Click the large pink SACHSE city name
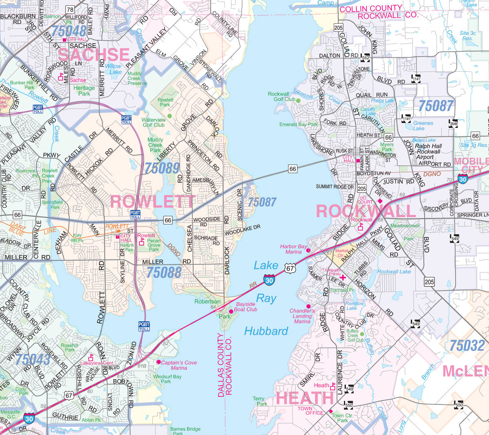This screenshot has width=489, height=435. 94,55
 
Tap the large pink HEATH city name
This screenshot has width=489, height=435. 305,398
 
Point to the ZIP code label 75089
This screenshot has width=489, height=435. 162,168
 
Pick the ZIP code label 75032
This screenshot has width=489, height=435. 467,345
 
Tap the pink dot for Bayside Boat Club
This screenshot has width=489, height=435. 231,311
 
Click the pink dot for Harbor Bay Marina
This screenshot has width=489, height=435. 308,250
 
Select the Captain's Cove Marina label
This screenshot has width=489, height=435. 179,365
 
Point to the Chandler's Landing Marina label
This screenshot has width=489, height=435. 302,316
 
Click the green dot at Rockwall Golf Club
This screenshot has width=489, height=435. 298,100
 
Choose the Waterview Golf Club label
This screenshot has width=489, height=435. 154,122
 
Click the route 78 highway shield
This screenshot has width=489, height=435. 70,10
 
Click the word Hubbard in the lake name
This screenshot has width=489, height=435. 266,331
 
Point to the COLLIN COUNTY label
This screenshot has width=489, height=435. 371,9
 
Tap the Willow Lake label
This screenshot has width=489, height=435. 113,69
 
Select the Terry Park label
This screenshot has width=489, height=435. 260,401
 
